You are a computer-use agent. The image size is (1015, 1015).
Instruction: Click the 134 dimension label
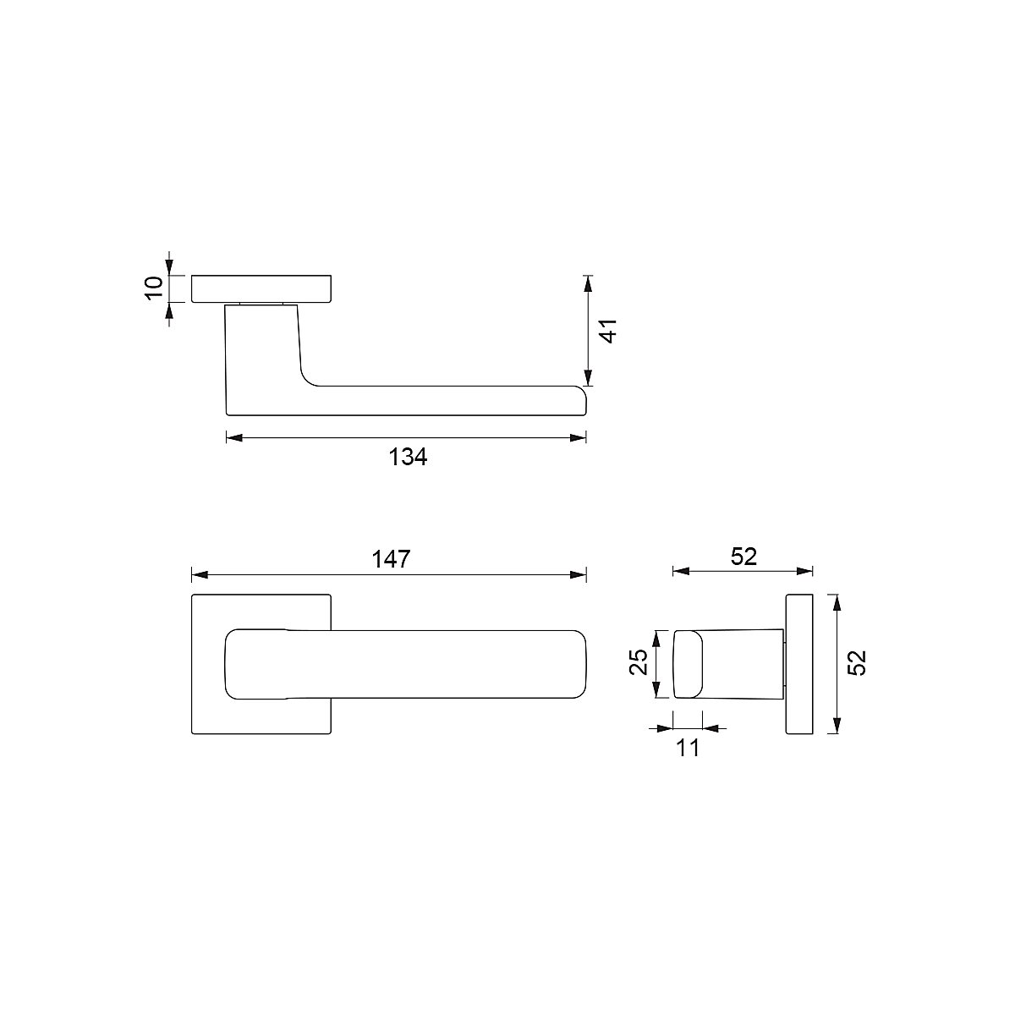point(408,457)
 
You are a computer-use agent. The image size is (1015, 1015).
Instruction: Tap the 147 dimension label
point(391,559)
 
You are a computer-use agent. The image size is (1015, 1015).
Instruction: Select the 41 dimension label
point(608,331)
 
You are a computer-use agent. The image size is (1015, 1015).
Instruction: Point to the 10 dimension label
point(154,288)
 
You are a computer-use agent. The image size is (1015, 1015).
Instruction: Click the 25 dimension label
point(639,662)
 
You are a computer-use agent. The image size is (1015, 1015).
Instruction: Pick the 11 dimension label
point(688,748)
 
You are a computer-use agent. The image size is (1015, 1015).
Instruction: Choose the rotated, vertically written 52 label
point(857,662)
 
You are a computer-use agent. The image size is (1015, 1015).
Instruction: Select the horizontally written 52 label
point(743,557)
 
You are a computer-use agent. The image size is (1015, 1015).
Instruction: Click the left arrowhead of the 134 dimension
point(234,437)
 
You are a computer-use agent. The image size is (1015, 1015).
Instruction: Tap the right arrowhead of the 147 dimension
point(579,574)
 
